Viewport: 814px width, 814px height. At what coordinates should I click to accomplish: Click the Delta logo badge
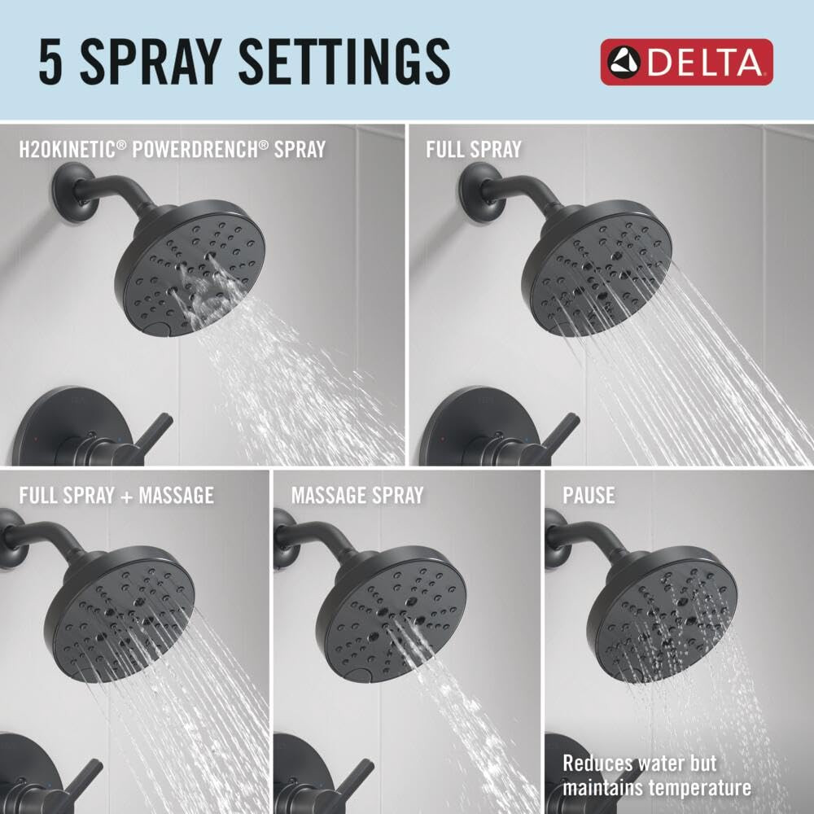[x=686, y=62]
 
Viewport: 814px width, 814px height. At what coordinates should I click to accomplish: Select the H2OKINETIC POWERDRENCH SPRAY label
[x=173, y=150]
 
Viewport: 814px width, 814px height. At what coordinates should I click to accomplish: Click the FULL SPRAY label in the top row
[x=473, y=150]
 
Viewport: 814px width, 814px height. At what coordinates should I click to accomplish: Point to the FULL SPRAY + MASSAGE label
[x=116, y=495]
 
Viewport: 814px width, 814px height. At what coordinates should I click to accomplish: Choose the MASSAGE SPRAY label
[x=357, y=495]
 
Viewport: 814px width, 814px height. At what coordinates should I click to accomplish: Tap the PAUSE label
[x=589, y=495]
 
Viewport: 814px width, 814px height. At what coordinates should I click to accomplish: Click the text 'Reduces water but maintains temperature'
[x=656, y=775]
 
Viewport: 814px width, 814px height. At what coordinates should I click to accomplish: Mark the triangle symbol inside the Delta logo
[x=626, y=62]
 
